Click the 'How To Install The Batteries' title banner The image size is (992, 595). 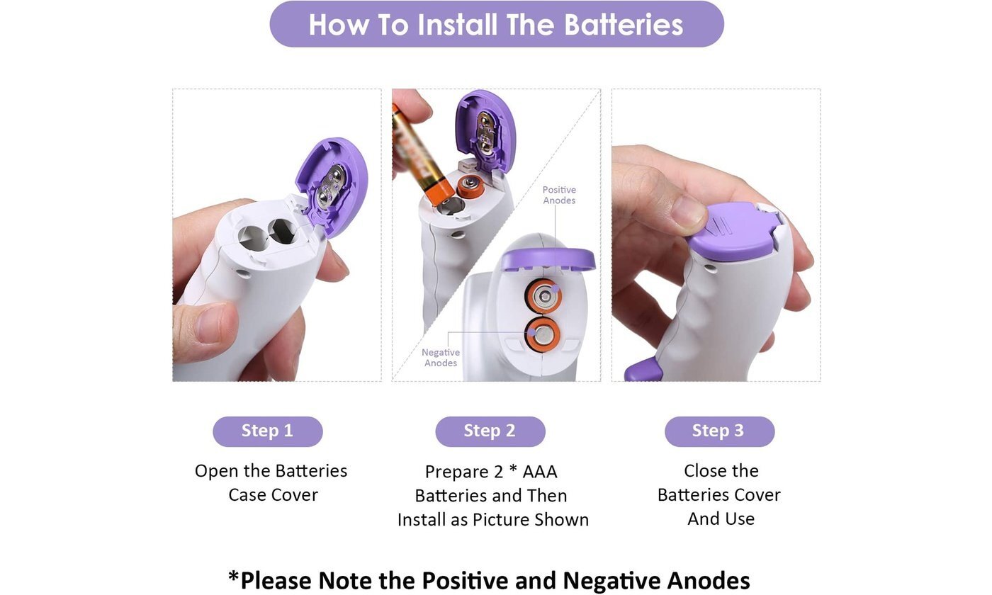497,24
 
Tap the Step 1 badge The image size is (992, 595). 268,431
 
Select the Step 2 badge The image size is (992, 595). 490,431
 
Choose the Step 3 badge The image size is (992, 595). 719,431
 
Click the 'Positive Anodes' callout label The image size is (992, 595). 559,195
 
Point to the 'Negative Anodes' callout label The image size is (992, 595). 441,358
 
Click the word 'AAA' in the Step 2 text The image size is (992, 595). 540,472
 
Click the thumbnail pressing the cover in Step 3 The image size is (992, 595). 688,215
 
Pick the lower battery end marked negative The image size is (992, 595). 543,334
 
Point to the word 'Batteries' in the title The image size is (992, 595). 624,25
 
